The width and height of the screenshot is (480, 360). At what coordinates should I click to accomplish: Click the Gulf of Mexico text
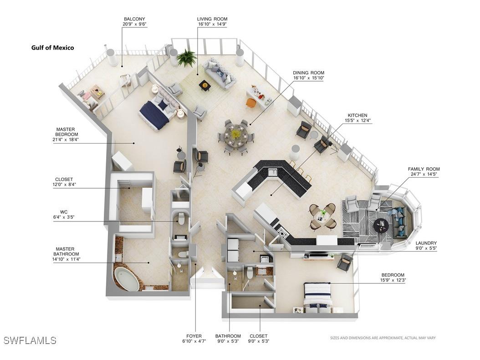(x=53, y=48)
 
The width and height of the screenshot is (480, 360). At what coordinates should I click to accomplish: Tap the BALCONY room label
(x=134, y=19)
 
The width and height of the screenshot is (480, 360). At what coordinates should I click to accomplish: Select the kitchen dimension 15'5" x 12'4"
(x=357, y=120)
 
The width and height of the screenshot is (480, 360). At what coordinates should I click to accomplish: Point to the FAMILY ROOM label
(x=424, y=169)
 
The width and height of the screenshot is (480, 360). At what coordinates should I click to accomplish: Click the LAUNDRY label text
(x=426, y=243)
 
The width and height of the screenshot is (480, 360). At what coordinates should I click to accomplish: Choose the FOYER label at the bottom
(x=194, y=336)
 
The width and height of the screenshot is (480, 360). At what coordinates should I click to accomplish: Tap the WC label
(x=64, y=212)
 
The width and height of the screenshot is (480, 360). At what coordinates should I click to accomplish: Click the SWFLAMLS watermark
(x=30, y=340)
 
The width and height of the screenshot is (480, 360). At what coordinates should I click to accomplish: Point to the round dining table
(x=235, y=135)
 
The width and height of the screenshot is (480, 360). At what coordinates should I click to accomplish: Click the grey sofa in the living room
(x=220, y=75)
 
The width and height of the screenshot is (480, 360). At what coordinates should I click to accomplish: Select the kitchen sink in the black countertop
(x=273, y=173)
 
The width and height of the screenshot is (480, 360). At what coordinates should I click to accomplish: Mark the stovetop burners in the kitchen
(x=282, y=232)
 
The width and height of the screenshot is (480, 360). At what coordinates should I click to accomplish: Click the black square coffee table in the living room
(x=205, y=85)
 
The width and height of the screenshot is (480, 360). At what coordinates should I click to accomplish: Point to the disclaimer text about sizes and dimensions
(x=383, y=338)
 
